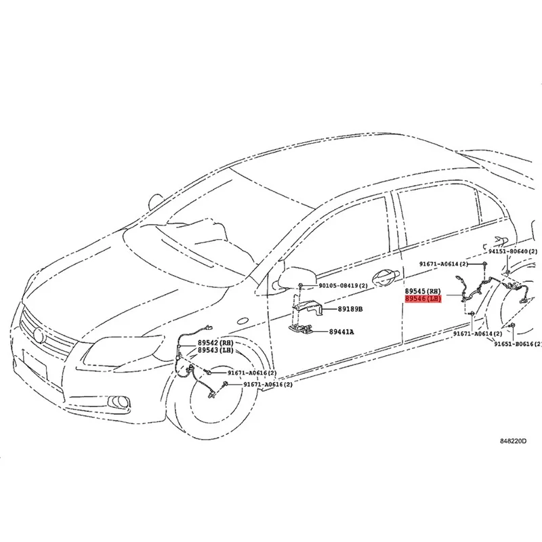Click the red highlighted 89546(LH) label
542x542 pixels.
[423, 298]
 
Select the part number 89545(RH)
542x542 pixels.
[423, 289]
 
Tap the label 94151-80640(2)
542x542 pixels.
[512, 251]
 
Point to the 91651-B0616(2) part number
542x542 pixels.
[517, 344]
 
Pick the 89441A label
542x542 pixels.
[341, 332]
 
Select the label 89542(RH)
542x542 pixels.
[215, 343]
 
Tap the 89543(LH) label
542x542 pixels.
[215, 351]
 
